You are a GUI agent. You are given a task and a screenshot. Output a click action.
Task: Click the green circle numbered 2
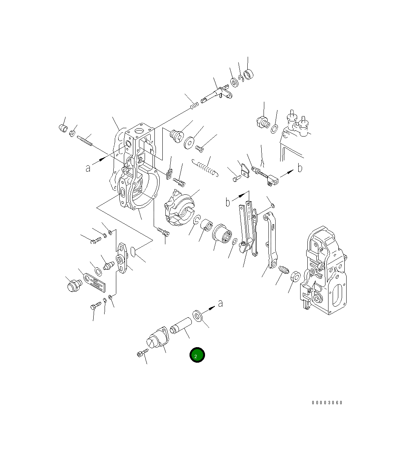click(197, 355)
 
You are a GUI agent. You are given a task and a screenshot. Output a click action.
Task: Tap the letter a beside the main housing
click(88, 168)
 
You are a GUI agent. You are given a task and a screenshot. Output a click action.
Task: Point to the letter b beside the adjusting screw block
click(300, 168)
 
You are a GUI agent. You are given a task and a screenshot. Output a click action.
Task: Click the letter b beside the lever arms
click(228, 202)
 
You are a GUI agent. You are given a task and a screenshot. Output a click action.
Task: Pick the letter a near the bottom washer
click(220, 303)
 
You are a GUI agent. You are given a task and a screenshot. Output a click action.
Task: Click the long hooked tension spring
click(205, 168)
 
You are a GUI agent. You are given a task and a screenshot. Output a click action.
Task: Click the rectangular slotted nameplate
click(94, 282)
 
